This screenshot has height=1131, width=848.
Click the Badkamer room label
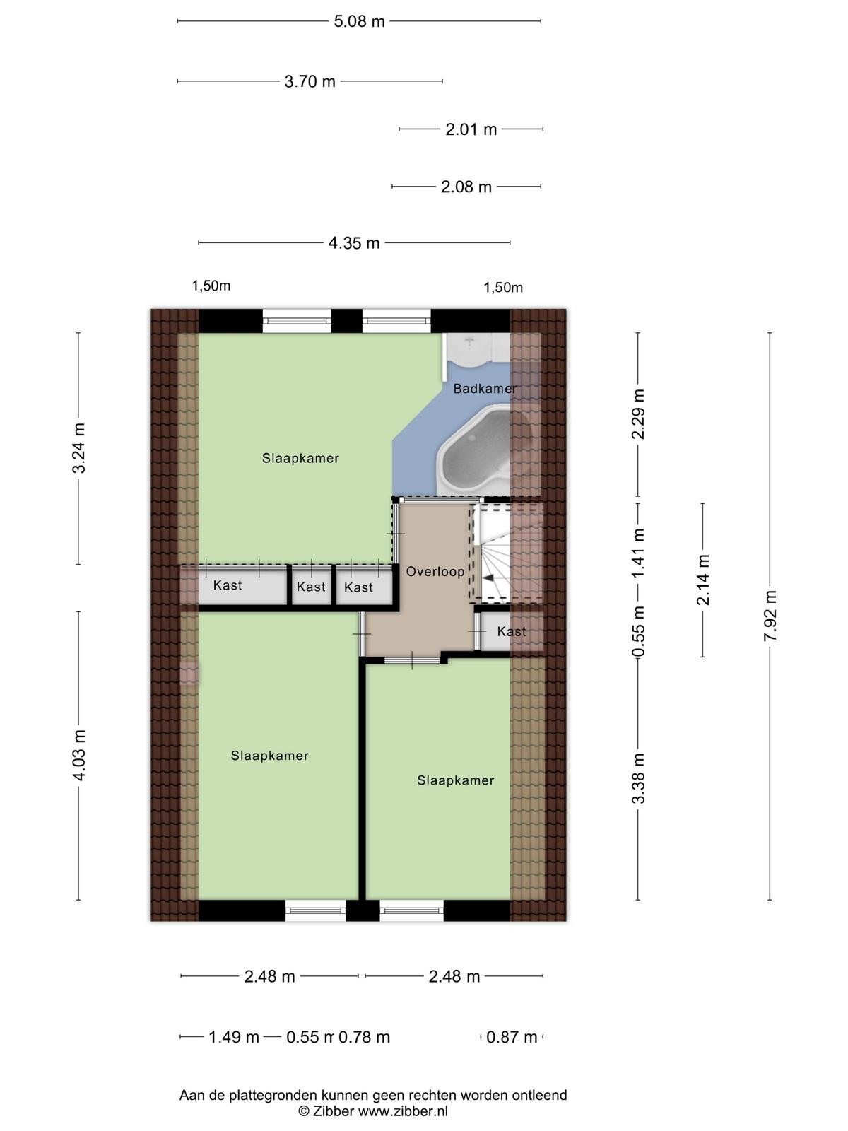point(485,389)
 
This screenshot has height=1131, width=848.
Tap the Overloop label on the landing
point(435,571)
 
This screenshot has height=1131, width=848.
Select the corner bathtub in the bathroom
point(473,446)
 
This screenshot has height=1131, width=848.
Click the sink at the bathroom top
point(469,349)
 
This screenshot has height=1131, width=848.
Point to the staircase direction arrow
point(488,579)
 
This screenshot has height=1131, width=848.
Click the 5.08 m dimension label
point(360,22)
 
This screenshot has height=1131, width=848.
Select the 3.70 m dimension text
point(310,81)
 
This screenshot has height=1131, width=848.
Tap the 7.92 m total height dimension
point(770,616)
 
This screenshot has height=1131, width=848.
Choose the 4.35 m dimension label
point(354,242)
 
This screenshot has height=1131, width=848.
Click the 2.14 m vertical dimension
point(703,580)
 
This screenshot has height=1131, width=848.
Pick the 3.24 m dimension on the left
point(78,447)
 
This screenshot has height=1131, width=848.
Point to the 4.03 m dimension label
point(78,756)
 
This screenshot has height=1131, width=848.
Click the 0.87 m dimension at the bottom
point(512,1036)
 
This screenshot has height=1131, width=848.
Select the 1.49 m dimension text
point(234,1036)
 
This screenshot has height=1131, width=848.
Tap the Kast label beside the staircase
point(511,631)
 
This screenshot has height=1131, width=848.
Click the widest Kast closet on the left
point(228,585)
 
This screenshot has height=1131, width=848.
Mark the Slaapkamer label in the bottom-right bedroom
point(456,780)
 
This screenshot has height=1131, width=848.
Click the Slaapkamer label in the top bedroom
point(301,458)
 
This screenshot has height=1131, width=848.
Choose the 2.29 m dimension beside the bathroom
point(638,414)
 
